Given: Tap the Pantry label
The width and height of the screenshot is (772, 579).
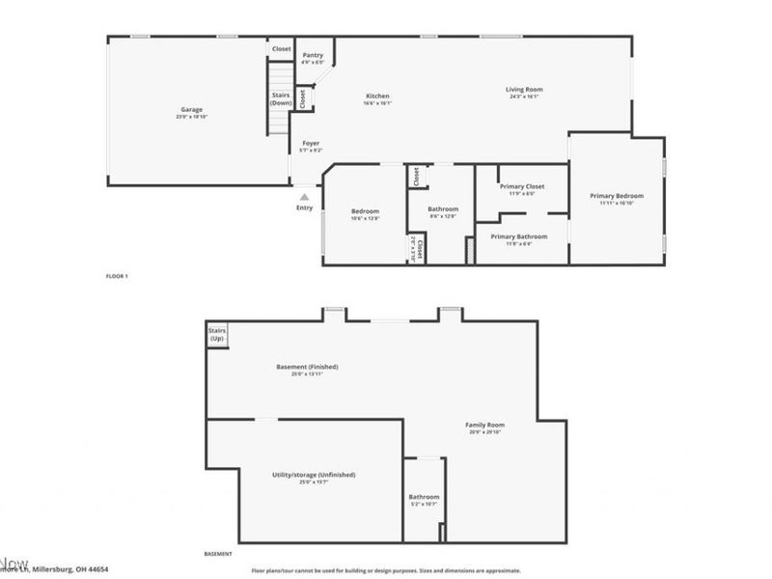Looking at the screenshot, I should (313, 56).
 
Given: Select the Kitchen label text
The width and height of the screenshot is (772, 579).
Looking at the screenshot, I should (377, 96).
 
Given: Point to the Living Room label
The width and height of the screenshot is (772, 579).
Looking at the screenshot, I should (524, 91).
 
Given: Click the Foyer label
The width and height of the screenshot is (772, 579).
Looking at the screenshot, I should (311, 144).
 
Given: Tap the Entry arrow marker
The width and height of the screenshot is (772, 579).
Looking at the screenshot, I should (305, 197).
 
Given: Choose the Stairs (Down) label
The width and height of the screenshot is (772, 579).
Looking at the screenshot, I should (281, 98).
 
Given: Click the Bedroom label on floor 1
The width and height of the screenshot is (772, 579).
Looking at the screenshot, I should (365, 211).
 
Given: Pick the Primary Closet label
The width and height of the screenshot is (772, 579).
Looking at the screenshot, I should (522, 186).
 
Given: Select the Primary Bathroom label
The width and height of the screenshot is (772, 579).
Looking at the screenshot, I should (518, 236).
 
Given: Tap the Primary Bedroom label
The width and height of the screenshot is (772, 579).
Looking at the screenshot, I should (617, 196).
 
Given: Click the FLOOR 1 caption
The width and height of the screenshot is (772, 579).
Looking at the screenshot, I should (117, 276).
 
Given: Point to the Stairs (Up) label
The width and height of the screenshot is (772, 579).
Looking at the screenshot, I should (216, 335).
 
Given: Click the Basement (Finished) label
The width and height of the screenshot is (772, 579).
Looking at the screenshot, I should (307, 367).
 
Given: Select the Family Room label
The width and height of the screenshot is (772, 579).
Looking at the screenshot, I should (484, 426).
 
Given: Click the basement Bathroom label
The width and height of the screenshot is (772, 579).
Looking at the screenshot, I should (424, 497).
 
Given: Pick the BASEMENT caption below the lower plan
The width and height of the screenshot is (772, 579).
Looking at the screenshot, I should (218, 554).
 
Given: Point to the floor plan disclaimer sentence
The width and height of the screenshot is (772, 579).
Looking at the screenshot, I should (386, 570).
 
